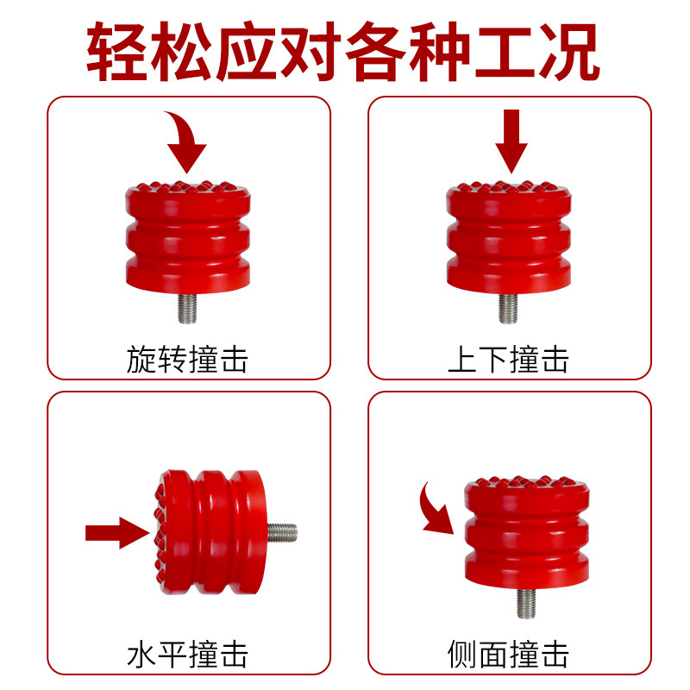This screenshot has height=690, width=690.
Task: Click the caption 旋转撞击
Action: (187, 359)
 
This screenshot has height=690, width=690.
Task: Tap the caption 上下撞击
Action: (508, 359)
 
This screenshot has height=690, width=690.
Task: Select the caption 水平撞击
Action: (187, 654)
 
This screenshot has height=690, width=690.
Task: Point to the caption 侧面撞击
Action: (508, 654)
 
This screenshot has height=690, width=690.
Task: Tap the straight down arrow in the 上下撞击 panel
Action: (511, 141)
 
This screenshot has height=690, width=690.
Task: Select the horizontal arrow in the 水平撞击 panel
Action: (117, 533)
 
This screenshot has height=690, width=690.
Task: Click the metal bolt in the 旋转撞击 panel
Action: (187, 309)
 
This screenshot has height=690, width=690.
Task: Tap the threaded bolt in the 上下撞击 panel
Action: (508, 309)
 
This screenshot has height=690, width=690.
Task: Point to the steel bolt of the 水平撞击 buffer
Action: (282, 532)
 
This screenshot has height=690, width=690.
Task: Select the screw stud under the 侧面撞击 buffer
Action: (526, 603)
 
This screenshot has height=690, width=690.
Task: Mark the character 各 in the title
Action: (376, 51)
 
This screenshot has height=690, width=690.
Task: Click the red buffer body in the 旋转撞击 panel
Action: (188, 238)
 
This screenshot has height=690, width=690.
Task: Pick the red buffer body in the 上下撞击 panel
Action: (509, 238)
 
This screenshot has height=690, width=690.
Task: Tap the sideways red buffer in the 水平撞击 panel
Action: (210, 532)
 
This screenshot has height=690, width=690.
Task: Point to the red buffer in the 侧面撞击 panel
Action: (527, 532)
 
